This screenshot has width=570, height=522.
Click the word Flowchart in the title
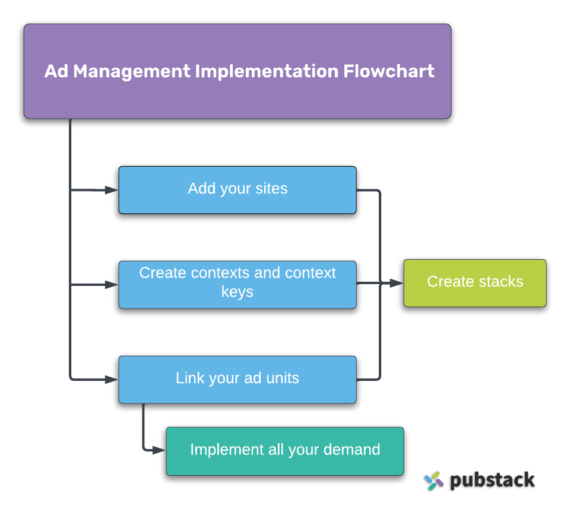[389, 71]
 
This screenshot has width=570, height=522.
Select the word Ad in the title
[56, 71]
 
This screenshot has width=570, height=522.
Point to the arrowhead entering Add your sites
[112, 190]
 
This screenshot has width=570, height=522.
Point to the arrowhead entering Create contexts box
[112, 285]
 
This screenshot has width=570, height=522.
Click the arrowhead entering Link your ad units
[112, 380]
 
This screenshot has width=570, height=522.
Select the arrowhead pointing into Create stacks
[397, 284]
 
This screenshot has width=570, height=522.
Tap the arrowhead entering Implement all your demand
[159, 451]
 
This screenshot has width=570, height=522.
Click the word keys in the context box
[237, 292]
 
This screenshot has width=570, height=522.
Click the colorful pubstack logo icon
[434, 480]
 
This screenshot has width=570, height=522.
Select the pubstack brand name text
[492, 480]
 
